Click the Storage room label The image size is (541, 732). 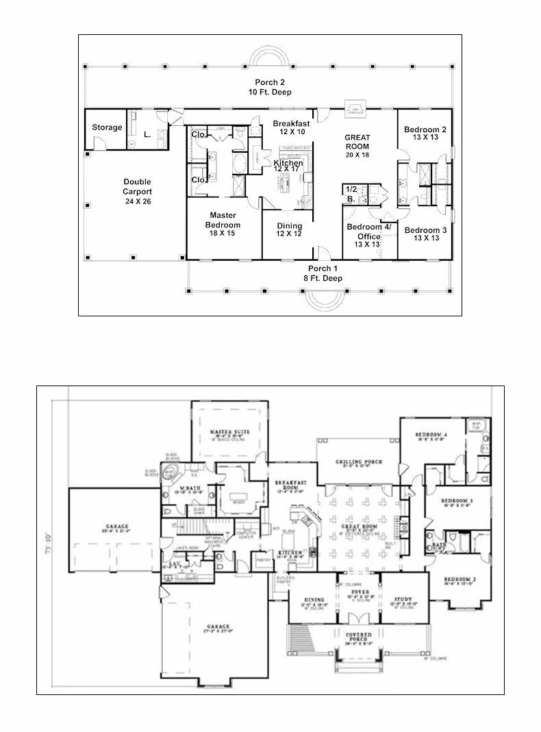108,127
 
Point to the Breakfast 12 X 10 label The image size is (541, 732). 291,127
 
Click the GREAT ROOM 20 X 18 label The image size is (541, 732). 357,146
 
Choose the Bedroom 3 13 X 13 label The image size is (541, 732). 425,234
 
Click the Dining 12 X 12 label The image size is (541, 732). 290,230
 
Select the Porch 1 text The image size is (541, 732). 323,273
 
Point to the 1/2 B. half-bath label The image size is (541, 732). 351,193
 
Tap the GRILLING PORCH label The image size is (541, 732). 357,463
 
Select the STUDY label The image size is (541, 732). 403,598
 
